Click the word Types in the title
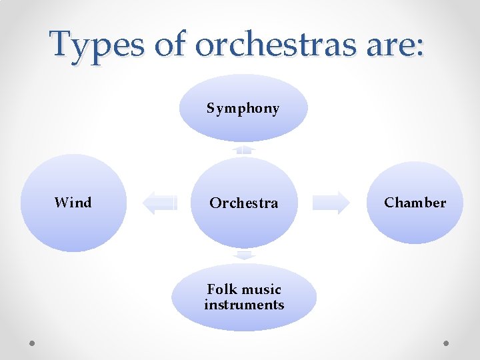click(96, 44)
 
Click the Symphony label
click(243, 108)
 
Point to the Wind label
click(73, 203)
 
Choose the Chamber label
click(415, 203)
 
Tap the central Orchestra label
click(243, 203)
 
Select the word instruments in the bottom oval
click(244, 305)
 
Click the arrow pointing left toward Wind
click(159, 202)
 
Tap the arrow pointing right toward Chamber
click(331, 202)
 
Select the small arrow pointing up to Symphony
click(245, 149)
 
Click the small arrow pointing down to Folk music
click(245, 255)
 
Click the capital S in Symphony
click(211, 108)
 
